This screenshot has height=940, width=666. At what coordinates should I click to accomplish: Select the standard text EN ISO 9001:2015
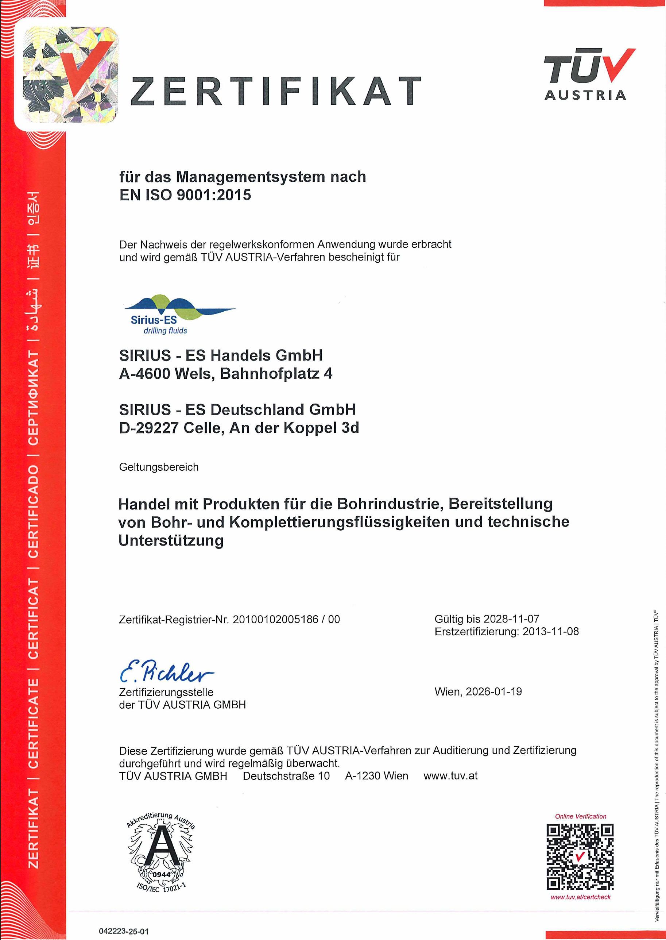coord(185,195)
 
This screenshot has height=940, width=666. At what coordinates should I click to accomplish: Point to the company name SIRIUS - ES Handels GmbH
coord(221,355)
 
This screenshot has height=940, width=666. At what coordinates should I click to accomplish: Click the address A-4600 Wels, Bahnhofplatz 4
coord(225,373)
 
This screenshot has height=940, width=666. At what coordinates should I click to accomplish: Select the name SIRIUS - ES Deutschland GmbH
coord(237,409)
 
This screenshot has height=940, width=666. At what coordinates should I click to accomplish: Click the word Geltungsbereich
coord(159,467)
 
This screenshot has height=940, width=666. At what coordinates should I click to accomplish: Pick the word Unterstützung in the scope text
coord(171,540)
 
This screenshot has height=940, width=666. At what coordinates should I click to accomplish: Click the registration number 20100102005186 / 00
coord(286,619)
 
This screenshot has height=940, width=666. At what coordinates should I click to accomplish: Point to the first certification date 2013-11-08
coord(550,631)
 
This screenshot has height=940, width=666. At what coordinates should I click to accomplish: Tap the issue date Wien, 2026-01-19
coord(478,691)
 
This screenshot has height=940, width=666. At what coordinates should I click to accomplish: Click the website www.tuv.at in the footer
coord(450,776)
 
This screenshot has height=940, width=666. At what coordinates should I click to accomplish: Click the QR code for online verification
coord(580,857)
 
